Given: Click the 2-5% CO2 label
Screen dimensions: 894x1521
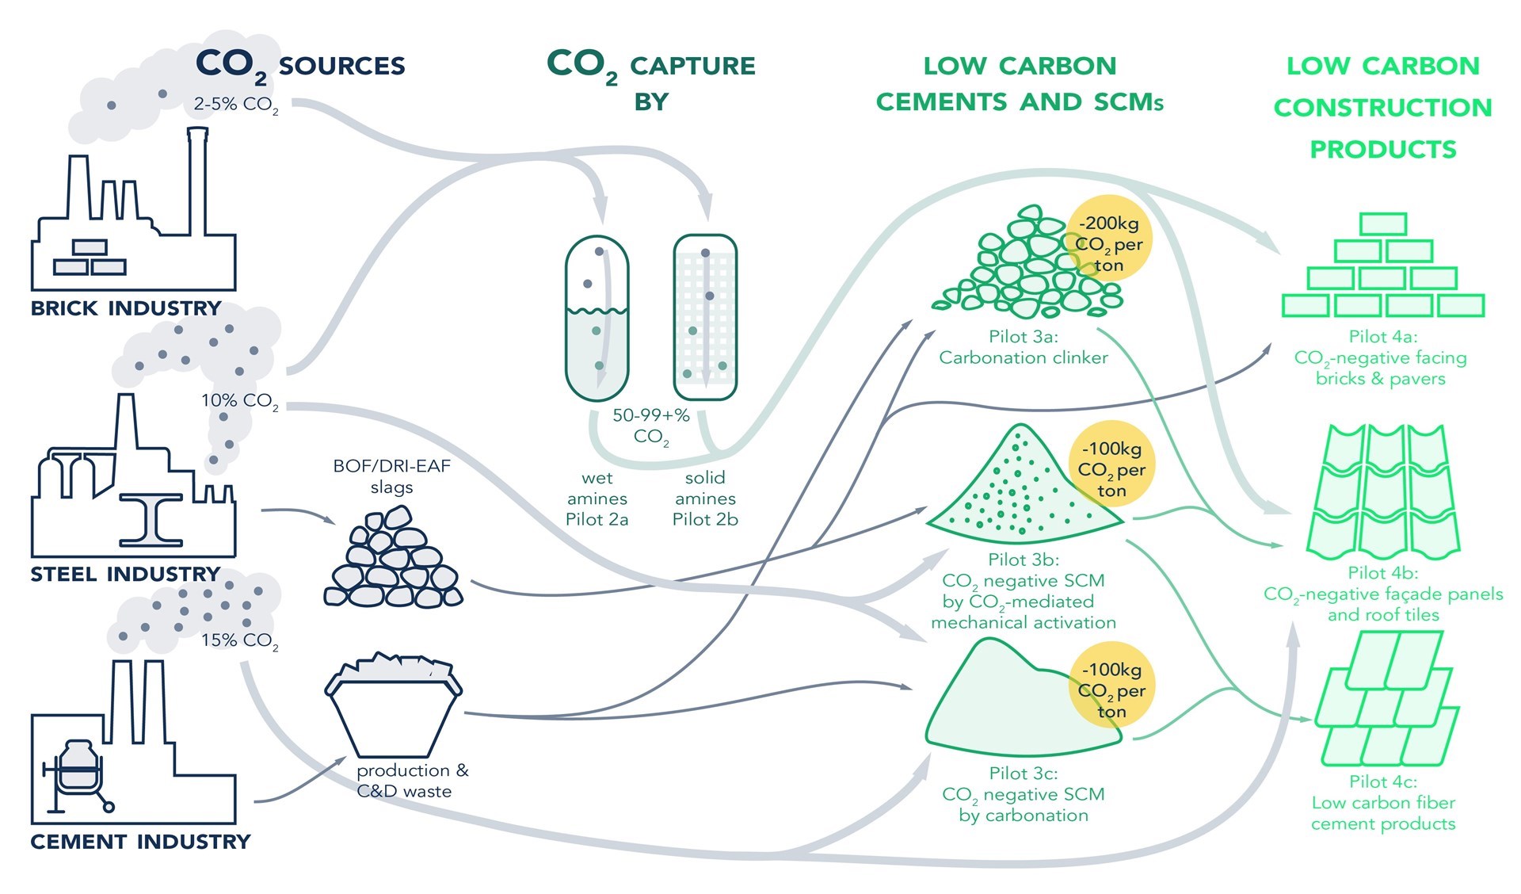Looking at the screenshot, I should tap(235, 105).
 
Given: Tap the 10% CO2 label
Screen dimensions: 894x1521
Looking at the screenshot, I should tap(239, 401).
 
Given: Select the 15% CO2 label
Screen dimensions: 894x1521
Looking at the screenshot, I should tap(239, 640).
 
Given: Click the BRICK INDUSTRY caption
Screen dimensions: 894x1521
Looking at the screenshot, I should tap(126, 308).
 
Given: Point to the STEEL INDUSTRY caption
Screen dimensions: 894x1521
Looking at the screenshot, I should tap(125, 574).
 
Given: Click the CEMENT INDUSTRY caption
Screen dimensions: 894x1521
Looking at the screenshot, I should tap(140, 841).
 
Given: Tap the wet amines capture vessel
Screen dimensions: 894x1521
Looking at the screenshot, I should tap(597, 319).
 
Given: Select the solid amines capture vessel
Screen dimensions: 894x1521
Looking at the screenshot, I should tap(705, 317).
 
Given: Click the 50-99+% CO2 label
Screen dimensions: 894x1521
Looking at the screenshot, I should tap(651, 426).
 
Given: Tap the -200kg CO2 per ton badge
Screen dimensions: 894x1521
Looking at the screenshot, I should tap(1109, 244).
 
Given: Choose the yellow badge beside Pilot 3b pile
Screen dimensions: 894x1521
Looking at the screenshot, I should tap(1111, 469).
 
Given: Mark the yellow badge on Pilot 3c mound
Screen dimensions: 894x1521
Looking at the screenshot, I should tap(1111, 690).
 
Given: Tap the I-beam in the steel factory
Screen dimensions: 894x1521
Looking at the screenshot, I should tap(151, 519).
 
